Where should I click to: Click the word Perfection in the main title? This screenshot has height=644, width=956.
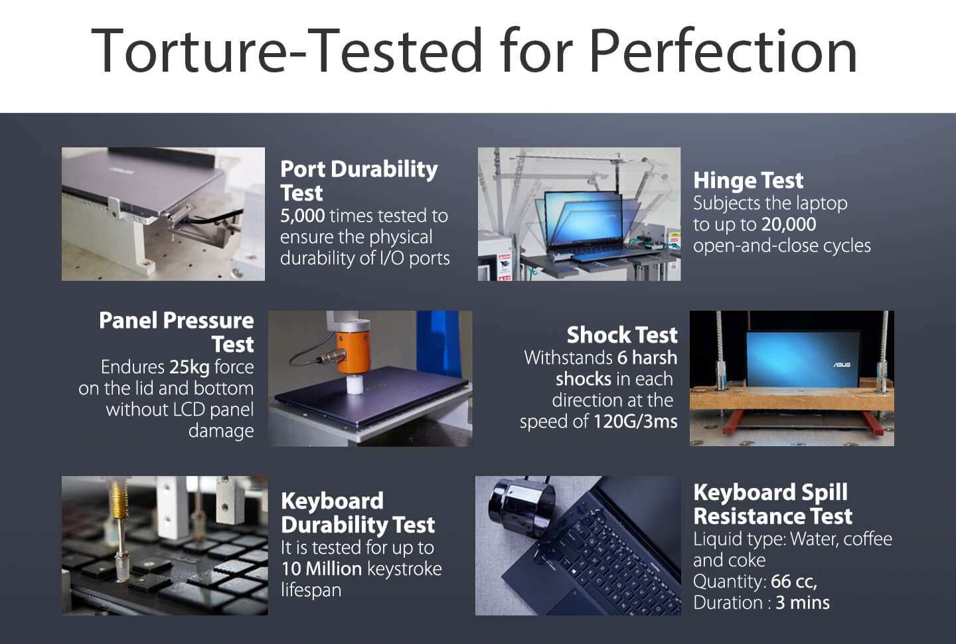coord(724,50)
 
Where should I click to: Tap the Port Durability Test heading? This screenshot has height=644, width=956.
coord(359,181)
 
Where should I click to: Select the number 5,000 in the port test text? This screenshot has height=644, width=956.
coord(303,216)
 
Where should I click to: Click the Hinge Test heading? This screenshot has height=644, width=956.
coord(748,180)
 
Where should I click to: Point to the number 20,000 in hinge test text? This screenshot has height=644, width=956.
coord(789,224)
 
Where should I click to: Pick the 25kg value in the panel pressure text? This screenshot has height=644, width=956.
coord(189,367)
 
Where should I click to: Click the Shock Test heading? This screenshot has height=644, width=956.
coord(622,335)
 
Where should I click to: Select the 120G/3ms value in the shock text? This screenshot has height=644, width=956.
coord(635,422)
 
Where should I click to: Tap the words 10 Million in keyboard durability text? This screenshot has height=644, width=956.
coord(321,569)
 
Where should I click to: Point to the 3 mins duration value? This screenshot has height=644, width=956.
coord(803,603)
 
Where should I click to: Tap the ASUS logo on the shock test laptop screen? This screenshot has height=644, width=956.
coord(842,365)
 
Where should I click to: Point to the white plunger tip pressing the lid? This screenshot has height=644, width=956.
coord(355,384)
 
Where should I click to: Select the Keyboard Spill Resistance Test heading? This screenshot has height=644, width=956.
coord(773,504)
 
